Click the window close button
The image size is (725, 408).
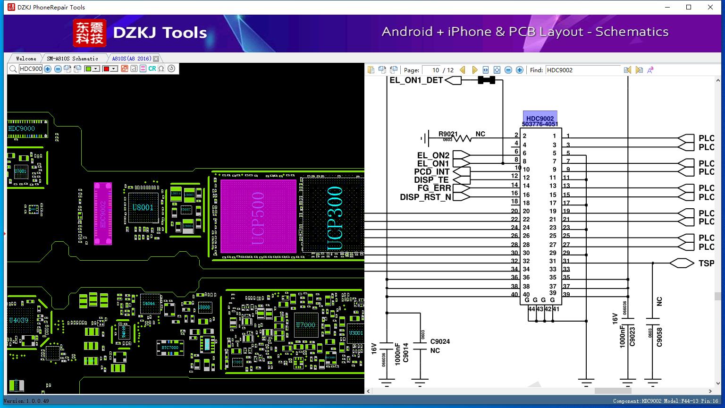[x=710, y=7]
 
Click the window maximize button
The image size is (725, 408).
[x=689, y=7]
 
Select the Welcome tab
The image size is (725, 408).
[x=26, y=59]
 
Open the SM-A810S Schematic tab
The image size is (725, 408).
[x=72, y=59]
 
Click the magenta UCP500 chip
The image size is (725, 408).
[x=258, y=216]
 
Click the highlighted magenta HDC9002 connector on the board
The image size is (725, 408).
[x=103, y=213]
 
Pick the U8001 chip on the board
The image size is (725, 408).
[x=143, y=207]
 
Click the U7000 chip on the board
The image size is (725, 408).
[x=305, y=325]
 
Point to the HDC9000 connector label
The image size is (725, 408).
[x=22, y=128]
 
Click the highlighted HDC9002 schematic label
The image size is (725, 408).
[x=540, y=119]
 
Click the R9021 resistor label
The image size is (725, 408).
[x=448, y=134]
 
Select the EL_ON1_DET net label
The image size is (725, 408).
[x=416, y=80]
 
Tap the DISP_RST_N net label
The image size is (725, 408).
[x=425, y=197]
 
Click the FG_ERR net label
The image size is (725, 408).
[x=434, y=188]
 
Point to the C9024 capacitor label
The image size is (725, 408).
[x=440, y=341]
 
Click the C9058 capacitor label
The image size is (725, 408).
[x=659, y=337]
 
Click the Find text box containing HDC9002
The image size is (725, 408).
[x=582, y=70]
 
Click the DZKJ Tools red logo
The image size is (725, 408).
[x=90, y=33]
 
